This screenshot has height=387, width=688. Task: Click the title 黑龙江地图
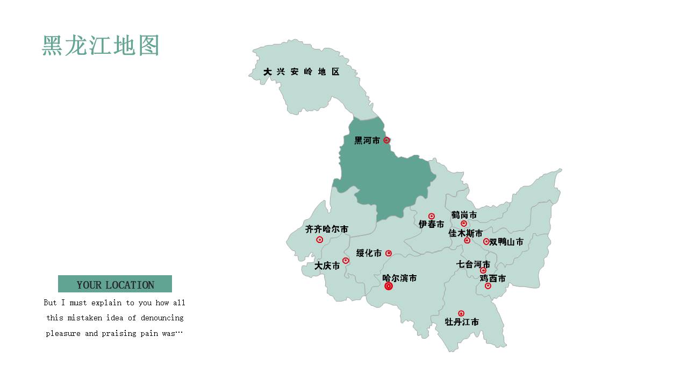click(x=101, y=46)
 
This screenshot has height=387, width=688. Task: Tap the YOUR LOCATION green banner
click(x=115, y=284)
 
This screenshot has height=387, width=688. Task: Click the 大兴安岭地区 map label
click(x=302, y=71)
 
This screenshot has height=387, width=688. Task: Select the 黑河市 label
click(x=367, y=140)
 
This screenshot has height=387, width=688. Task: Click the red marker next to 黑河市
click(x=386, y=140)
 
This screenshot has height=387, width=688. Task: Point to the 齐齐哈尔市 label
click(x=327, y=230)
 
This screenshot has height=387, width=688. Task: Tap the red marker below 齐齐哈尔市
click(x=320, y=240)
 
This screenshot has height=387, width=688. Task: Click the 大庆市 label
click(x=327, y=266)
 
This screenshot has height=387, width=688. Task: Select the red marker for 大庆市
click(x=346, y=261)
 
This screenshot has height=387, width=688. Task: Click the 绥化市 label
click(x=369, y=253)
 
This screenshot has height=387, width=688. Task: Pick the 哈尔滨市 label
click(x=399, y=278)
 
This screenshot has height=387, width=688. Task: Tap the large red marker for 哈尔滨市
click(x=389, y=286)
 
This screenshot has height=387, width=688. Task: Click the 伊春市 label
click(x=432, y=225)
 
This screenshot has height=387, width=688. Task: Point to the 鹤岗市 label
click(x=464, y=215)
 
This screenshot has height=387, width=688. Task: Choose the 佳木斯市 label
click(x=465, y=233)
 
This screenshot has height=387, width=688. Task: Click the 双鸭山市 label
click(x=506, y=242)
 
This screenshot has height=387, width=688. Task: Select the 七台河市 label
click(x=473, y=264)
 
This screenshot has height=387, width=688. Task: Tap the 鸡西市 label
click(x=493, y=278)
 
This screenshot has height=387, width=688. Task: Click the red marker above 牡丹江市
click(x=461, y=313)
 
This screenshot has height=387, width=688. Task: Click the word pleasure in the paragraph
click(x=63, y=333)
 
